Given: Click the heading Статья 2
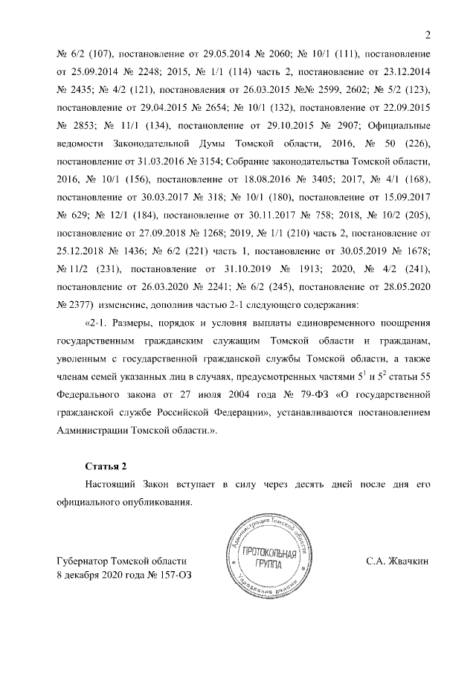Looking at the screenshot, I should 105,466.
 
